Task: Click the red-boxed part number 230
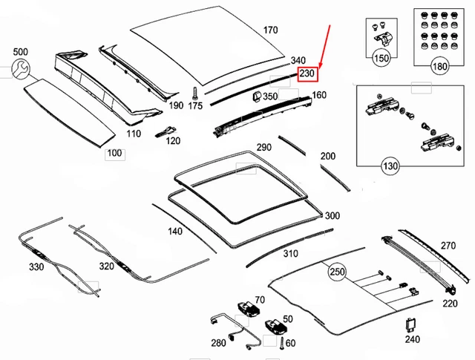308,73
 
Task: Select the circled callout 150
381,58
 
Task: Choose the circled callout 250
338,272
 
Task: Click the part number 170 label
270,30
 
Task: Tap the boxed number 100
115,154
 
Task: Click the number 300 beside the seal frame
332,216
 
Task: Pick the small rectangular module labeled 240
410,326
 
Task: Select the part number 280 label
217,343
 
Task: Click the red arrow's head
321,64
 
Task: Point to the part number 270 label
449,246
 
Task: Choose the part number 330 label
35,266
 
